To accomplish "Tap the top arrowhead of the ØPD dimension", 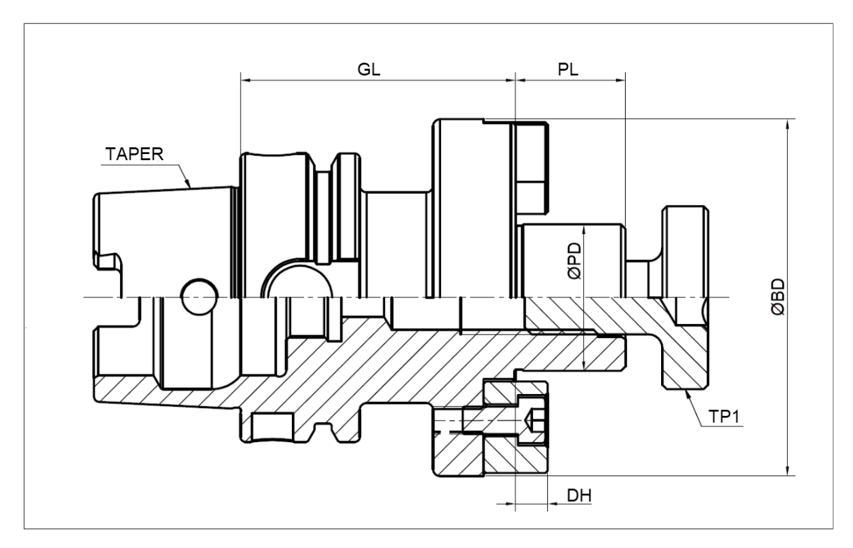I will pyautogui.click(x=583, y=227).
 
